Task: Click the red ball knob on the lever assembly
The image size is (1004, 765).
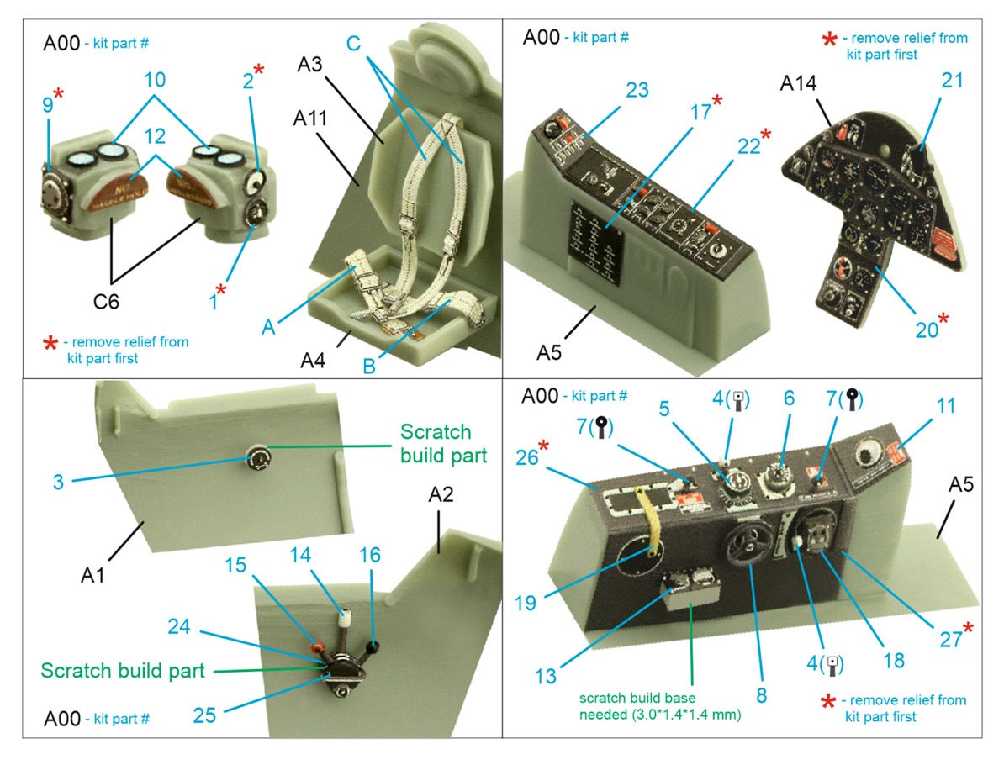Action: (320, 646)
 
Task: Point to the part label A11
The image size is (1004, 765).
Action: (310, 121)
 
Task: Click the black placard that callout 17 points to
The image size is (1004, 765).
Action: (594, 240)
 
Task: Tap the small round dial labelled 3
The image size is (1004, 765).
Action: (259, 458)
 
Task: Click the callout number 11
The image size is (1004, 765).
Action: (946, 406)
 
